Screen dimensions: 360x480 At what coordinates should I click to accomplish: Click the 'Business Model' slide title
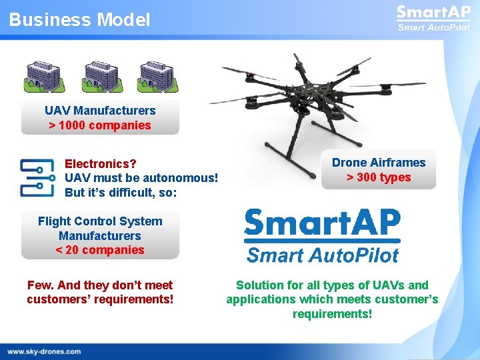[x=79, y=20]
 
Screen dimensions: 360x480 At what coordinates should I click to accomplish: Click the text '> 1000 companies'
[x=100, y=125]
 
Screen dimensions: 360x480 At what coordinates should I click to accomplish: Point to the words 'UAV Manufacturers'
[x=100, y=111]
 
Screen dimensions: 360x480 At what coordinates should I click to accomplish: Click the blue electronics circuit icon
[x=36, y=177]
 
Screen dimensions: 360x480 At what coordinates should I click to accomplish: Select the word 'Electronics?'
[x=100, y=163]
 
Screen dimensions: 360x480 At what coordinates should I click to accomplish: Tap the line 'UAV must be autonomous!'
[x=141, y=178]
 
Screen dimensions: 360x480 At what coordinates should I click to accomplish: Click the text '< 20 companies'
[x=100, y=250]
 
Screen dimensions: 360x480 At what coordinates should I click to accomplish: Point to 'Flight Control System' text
[x=100, y=221]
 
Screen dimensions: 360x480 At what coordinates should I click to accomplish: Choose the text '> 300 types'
[x=379, y=177]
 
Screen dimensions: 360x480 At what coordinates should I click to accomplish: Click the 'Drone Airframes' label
[x=379, y=163]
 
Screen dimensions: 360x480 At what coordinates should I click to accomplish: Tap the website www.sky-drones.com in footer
[x=44, y=351]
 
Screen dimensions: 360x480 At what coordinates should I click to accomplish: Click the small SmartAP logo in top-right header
[x=433, y=18]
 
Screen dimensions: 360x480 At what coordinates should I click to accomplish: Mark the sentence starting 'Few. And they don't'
[x=100, y=292]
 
